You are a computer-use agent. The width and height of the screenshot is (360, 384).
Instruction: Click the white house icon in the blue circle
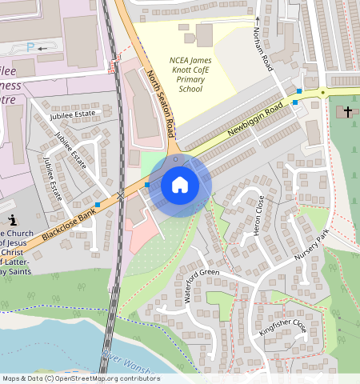[x=180, y=185]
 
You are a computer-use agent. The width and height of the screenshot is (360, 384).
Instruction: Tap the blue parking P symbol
[x=30, y=48]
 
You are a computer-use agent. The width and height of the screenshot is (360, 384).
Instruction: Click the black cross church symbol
[x=347, y=111]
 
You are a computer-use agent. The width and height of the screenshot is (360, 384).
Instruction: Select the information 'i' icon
[x=12, y=220]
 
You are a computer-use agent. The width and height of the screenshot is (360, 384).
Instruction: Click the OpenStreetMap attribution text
[x=80, y=378]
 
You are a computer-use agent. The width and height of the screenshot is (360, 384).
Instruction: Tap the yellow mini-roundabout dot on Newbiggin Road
[x=323, y=93]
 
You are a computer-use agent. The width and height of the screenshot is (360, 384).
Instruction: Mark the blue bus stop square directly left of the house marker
[x=147, y=185]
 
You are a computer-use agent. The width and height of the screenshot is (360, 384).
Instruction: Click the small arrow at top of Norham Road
[x=258, y=18]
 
